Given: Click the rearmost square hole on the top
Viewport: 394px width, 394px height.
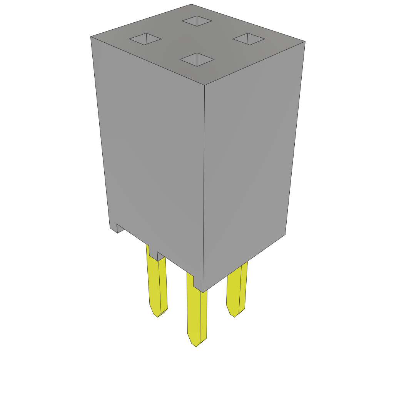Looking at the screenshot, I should (197, 21).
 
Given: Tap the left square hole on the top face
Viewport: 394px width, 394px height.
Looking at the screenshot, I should (145, 39).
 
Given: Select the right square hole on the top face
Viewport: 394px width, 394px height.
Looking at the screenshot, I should (249, 39).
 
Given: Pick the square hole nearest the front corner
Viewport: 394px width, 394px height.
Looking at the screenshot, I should (197, 60).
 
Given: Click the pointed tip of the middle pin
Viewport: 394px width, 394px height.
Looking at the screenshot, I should (196, 346).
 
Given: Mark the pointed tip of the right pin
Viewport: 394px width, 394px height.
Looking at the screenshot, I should (234, 316).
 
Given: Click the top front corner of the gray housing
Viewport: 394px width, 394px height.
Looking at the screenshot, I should (204, 85).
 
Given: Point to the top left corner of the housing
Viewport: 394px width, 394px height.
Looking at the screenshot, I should (91, 37).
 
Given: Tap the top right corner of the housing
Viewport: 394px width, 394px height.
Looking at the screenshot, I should (305, 42).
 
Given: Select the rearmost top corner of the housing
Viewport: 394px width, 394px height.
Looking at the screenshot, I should (191, 5).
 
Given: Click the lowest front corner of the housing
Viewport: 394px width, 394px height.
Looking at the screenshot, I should (203, 292).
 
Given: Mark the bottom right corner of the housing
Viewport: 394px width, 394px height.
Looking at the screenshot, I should (285, 234).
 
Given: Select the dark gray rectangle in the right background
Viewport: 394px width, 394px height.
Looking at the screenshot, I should (346, 158).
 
